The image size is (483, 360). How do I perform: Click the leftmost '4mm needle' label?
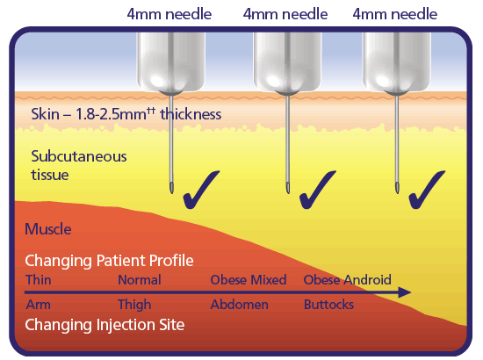(x=169, y=14)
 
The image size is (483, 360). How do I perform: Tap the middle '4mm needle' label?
(x=285, y=14)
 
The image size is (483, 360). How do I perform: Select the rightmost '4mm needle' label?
(x=395, y=14)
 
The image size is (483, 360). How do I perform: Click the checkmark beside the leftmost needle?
(x=200, y=191)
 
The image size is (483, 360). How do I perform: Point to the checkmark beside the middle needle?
(x=317, y=191)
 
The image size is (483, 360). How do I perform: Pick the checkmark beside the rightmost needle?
(x=426, y=191)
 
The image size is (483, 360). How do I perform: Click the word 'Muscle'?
(x=48, y=229)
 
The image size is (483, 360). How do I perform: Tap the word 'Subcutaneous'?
(x=79, y=156)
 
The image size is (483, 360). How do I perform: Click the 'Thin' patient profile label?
(x=38, y=280)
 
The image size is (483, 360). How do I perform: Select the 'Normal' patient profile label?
(x=140, y=280)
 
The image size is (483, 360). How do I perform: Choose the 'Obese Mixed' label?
(x=249, y=280)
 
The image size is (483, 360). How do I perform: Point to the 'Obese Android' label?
(x=348, y=280)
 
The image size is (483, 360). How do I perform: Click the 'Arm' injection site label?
(x=38, y=305)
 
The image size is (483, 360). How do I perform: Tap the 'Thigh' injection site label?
(x=134, y=305)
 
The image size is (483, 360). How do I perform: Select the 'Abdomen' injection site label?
(x=240, y=305)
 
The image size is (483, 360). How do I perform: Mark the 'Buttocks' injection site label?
(x=328, y=305)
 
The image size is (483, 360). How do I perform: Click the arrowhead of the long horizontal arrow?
(x=405, y=292)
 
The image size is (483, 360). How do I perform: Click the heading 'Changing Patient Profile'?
(x=109, y=261)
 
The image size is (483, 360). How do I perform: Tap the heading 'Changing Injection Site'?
(x=105, y=325)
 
